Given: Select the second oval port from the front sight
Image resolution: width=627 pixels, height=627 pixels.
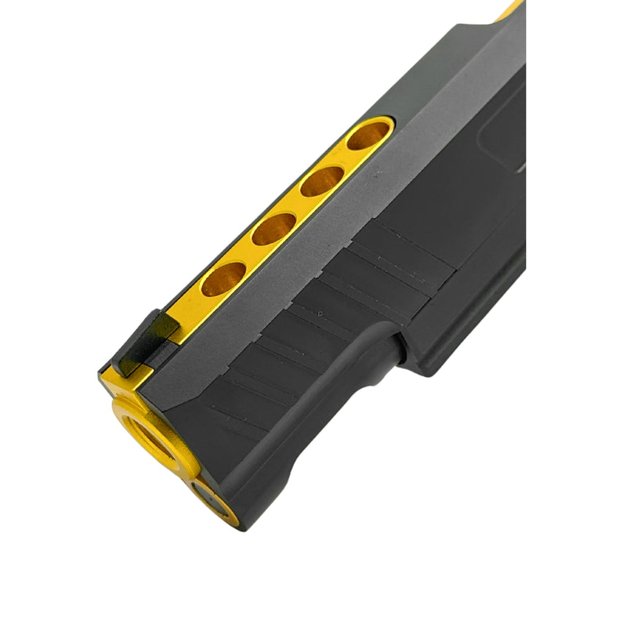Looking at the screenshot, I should (274, 229).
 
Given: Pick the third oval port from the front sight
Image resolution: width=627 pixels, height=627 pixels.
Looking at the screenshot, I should (322, 182).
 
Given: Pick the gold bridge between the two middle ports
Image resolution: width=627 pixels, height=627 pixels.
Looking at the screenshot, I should (299, 205).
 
